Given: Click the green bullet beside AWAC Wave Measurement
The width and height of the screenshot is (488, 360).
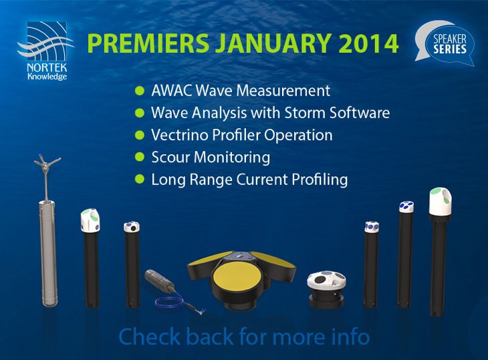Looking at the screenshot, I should pos(139,90).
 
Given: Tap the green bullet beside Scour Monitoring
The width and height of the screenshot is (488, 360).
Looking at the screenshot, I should pos(139,158).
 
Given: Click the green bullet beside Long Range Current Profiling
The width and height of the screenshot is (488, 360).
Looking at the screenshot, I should pos(139,180).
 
